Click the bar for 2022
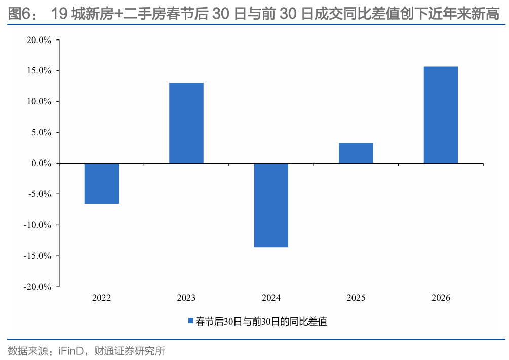101,183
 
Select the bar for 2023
186,123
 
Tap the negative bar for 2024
271,205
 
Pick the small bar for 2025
356,153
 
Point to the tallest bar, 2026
441,115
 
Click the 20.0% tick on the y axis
40,40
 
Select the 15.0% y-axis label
40,71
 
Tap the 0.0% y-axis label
42,163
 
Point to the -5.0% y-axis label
40,194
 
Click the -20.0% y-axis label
38,286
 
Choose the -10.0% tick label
38,225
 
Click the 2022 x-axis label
101,298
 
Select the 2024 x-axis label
271,298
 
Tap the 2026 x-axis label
441,298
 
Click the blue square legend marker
191,321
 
